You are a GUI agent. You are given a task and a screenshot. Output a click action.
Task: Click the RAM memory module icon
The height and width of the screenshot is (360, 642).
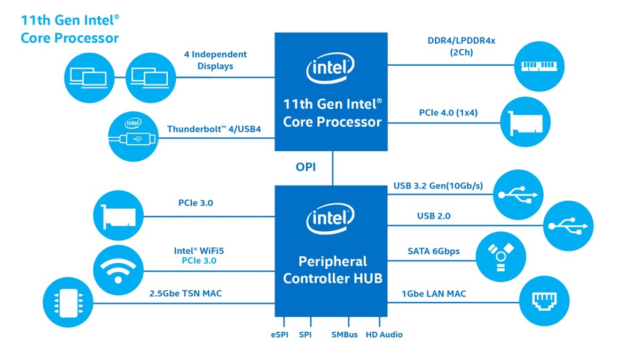pos(539,66)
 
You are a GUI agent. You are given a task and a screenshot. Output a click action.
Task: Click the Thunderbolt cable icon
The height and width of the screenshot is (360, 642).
pos(132,137)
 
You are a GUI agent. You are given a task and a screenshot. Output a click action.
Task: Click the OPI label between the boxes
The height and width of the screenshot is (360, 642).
pos(306,167)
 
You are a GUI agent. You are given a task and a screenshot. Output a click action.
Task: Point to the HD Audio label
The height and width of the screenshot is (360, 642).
pos(384,335)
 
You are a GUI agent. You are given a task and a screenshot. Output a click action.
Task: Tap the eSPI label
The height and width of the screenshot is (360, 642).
pos(279,335)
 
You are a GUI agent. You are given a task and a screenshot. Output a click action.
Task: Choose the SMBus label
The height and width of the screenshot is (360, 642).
pos(345,335)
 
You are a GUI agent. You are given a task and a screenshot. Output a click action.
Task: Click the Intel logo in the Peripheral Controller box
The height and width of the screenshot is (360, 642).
pos(331,220)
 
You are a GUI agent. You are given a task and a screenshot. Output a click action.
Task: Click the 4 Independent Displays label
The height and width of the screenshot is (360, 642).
pos(215,60)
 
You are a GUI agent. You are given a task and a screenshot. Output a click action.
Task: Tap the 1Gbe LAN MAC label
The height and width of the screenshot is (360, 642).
pos(433,293)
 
